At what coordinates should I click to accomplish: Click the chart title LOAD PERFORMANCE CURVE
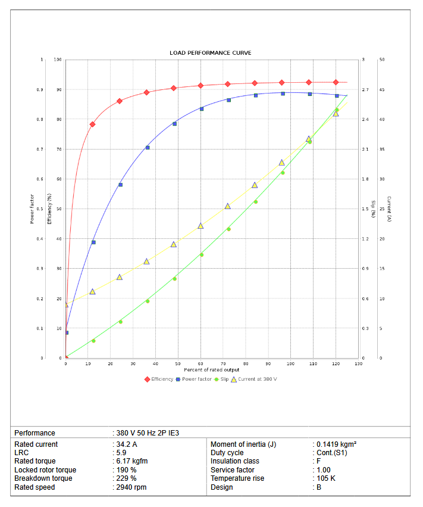[211, 53]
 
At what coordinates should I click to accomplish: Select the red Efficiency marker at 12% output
[92, 125]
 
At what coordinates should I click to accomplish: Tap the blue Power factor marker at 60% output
[202, 109]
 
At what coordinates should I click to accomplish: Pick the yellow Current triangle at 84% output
[255, 185]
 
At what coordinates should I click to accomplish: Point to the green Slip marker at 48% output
[174, 279]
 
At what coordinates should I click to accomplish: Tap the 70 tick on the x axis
[223, 363]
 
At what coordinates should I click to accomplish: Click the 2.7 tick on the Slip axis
[365, 90]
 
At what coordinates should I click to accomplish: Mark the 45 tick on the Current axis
[382, 90]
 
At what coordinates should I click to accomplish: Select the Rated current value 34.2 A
[127, 444]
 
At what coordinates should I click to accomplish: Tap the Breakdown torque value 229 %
[126, 478]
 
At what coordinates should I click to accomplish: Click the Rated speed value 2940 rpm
[131, 487]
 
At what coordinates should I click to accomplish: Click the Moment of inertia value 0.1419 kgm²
[336, 444]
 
